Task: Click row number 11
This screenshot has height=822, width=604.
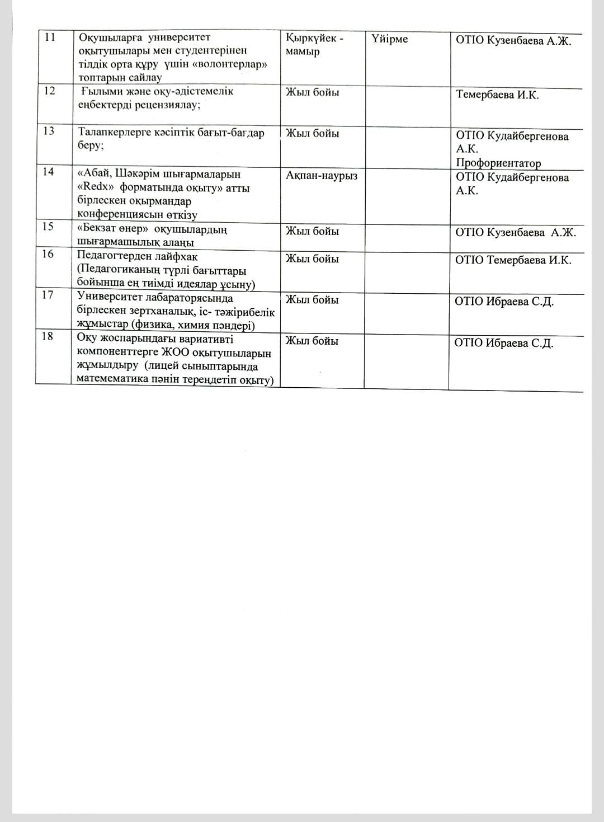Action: (x=50, y=37)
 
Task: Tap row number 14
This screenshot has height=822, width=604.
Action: (x=49, y=172)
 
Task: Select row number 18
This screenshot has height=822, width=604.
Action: (x=48, y=336)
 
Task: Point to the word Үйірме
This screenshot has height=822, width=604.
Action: (x=389, y=39)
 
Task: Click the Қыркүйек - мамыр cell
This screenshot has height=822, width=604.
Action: (x=315, y=45)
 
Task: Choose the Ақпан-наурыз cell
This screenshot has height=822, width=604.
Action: (x=322, y=176)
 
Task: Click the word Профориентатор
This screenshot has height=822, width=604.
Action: (x=498, y=163)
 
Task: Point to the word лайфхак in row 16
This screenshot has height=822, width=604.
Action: (x=174, y=257)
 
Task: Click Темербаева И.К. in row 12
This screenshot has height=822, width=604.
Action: (x=497, y=95)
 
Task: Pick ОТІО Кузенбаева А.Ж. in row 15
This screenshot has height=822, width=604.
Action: (x=515, y=233)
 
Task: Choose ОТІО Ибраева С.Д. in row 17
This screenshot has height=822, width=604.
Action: (x=504, y=302)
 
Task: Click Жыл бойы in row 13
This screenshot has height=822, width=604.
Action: (x=312, y=134)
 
